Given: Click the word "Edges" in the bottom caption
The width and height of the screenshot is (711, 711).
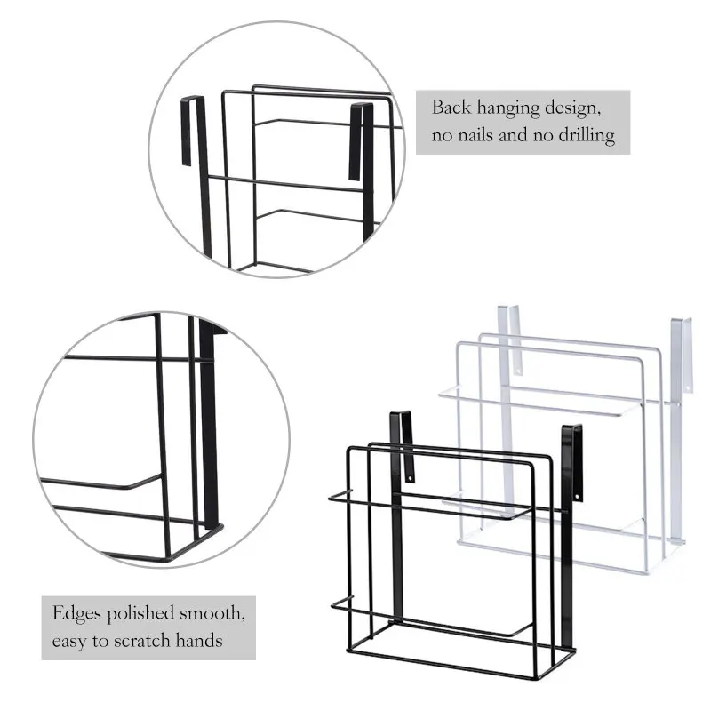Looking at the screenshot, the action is click(75, 613).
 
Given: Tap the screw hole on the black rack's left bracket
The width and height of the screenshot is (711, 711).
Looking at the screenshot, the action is click(410, 478).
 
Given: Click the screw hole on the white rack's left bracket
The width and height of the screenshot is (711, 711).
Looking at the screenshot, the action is click(517, 364).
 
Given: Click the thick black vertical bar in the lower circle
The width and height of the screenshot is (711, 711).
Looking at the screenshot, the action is click(211, 427).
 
